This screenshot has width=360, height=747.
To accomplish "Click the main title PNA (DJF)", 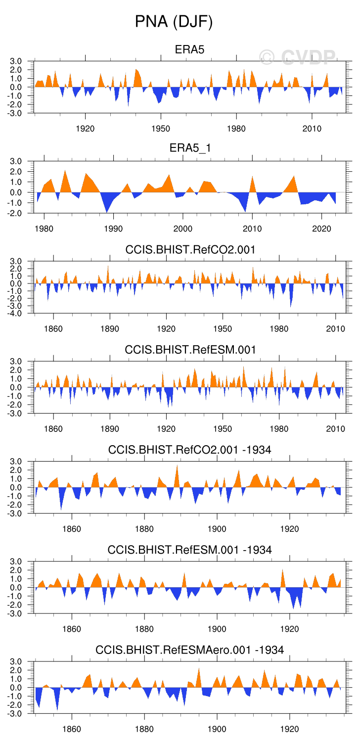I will tap(174, 22).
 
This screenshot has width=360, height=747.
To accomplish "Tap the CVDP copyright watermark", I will tap(298, 57).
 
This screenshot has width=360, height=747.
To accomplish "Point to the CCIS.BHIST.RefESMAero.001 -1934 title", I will tap(189, 650).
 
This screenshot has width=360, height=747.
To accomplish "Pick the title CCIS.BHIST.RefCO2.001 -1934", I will tap(189, 450).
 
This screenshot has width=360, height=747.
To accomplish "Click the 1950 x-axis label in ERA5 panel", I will tap(161, 129).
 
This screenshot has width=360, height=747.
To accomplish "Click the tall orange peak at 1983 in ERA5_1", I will tap(65, 172).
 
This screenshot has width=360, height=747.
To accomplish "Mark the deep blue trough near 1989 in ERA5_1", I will tap(106, 211).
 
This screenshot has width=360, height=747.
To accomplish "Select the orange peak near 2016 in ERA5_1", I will tap(294, 177).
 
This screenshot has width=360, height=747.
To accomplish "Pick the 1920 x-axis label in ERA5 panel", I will tap(85, 129).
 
